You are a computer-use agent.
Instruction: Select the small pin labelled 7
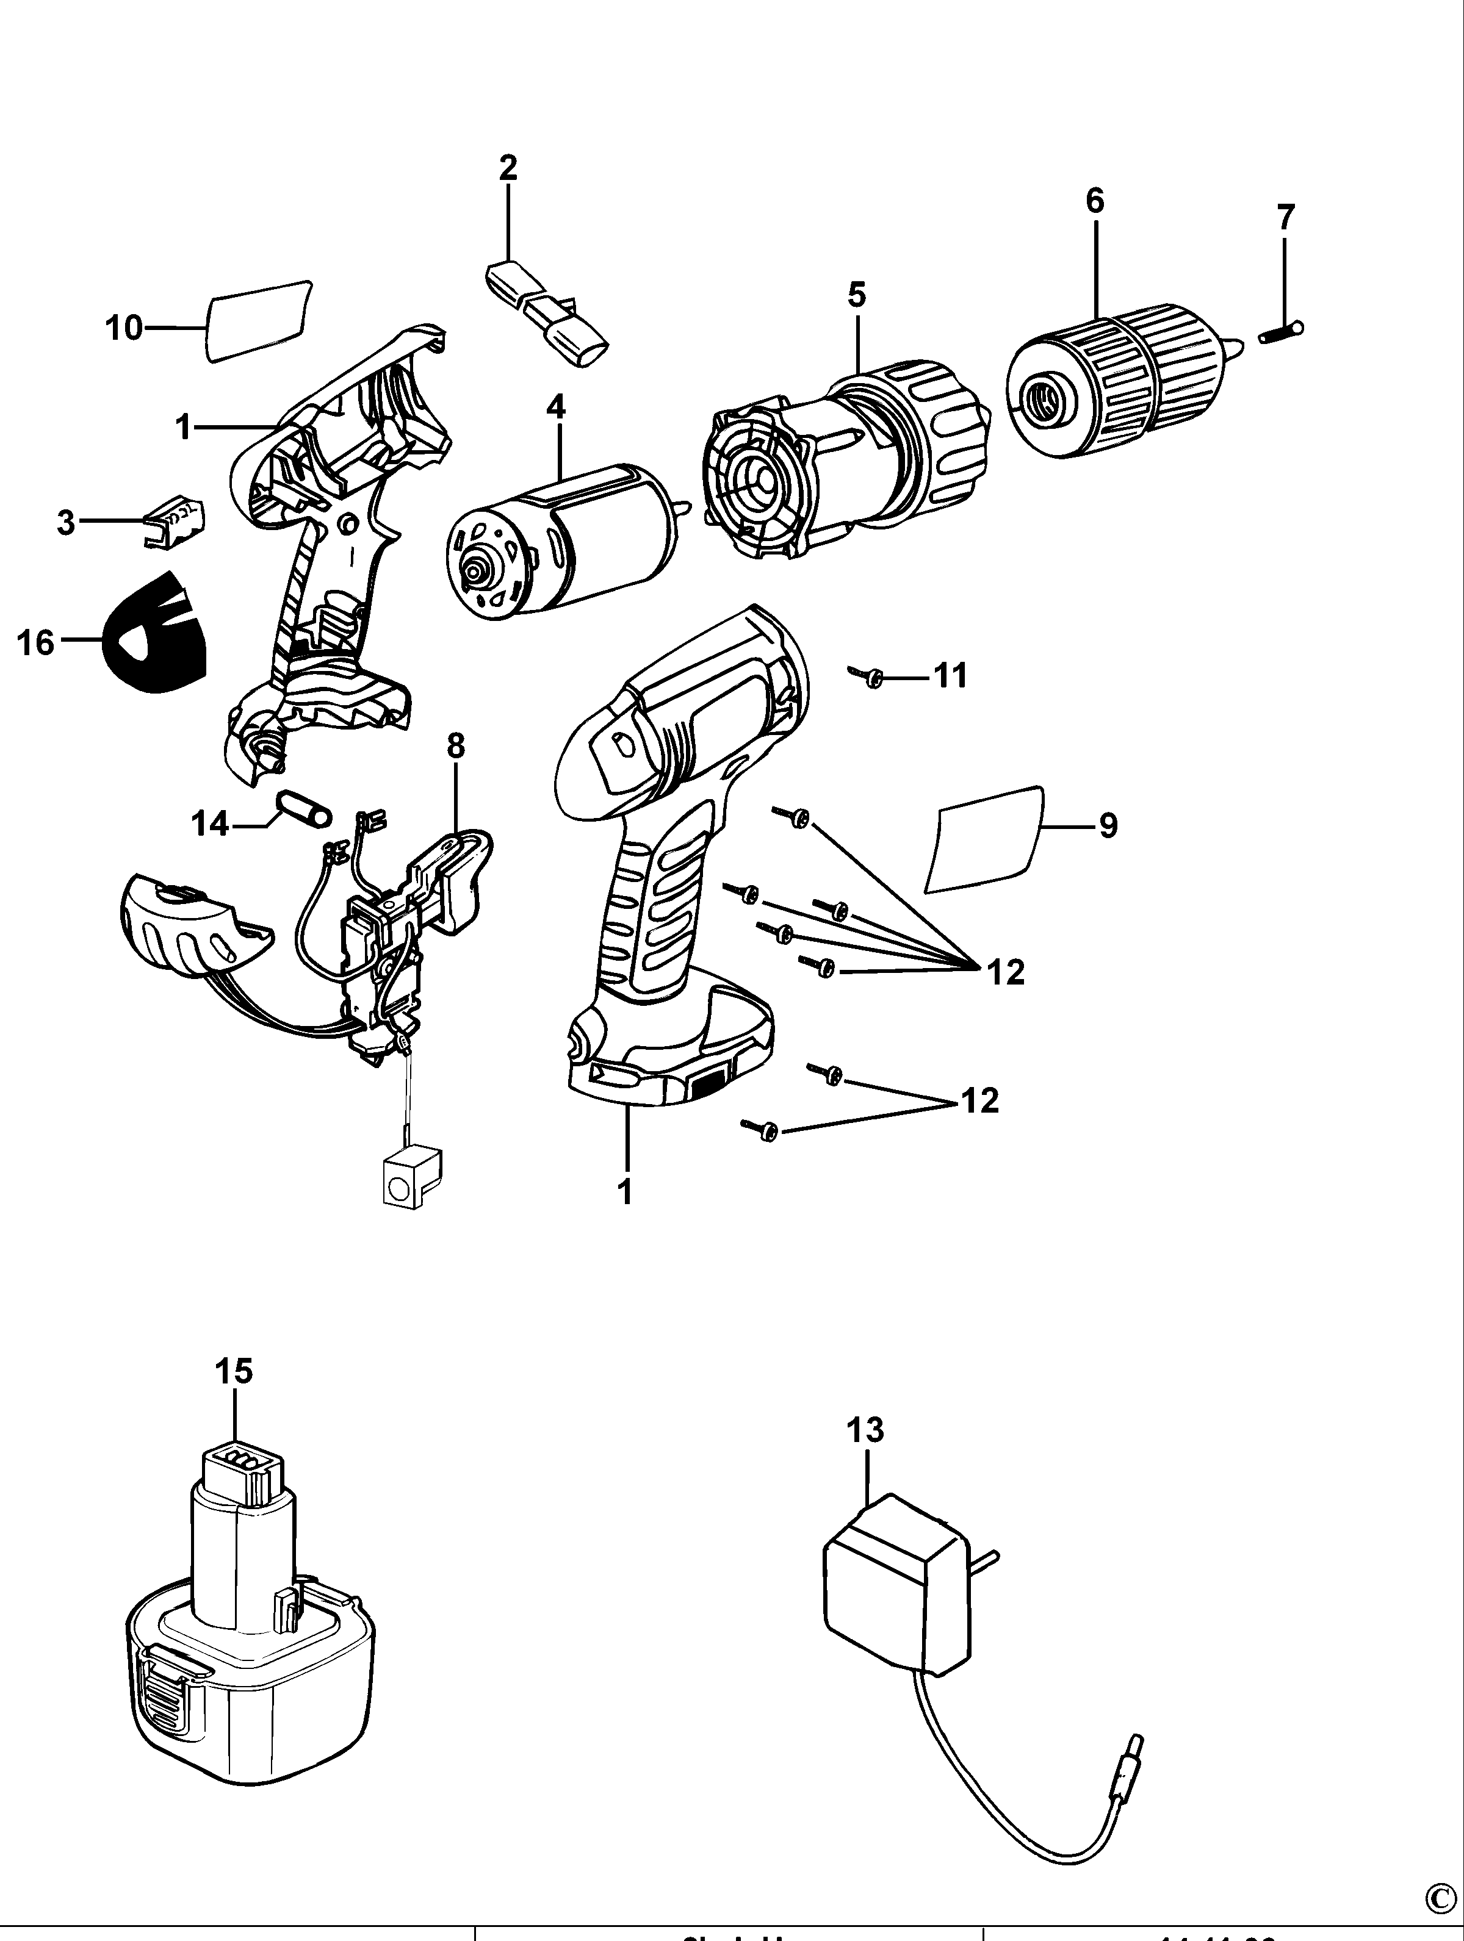pyautogui.click(x=1280, y=332)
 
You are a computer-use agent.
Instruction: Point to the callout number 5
pyautogui.click(x=857, y=295)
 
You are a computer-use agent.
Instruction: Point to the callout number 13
pyautogui.click(x=865, y=1431)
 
